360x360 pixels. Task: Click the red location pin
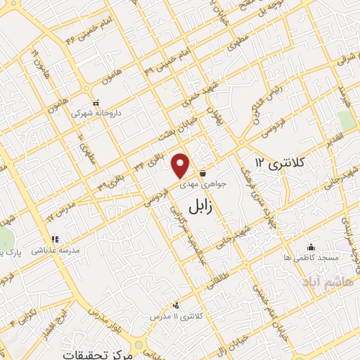[x=181, y=165]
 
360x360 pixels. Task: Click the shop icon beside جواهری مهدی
[x=202, y=172]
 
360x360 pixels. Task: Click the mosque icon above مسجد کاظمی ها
[x=311, y=247]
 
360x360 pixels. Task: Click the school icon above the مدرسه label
[x=53, y=239]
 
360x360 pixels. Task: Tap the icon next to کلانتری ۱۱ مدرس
[x=175, y=306]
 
